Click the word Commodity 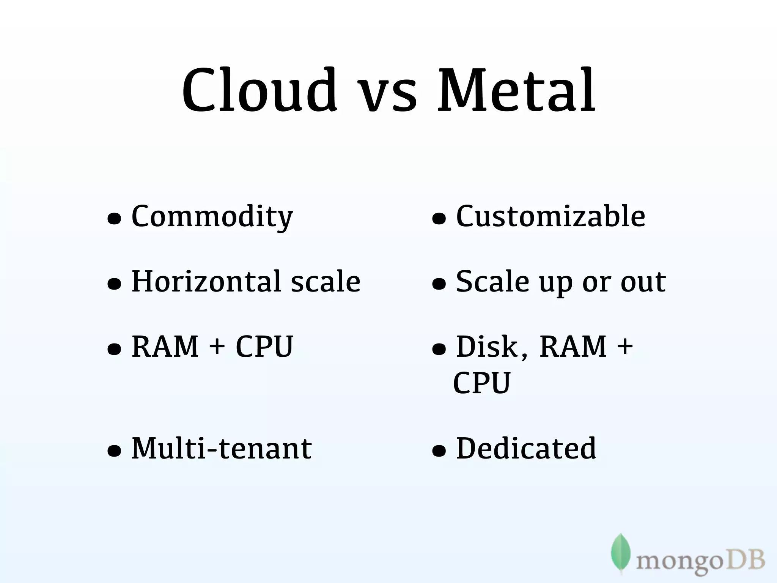pyautogui.click(x=212, y=217)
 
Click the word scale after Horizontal pyautogui.click(x=326, y=282)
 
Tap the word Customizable pyautogui.click(x=551, y=216)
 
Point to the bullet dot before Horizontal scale pyautogui.click(x=114, y=284)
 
